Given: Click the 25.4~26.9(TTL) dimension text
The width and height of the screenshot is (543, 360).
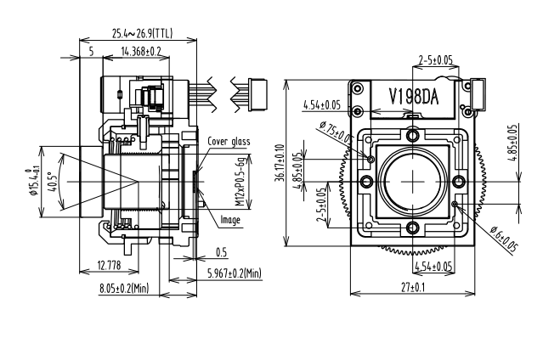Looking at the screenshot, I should click(141, 35).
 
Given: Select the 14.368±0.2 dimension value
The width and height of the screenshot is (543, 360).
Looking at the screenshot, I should click(142, 52).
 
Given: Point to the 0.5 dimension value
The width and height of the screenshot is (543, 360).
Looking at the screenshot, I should click(221, 252).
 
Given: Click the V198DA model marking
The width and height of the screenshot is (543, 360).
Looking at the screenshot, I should click(413, 96).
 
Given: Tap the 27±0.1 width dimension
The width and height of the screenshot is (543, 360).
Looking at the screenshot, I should click(412, 288).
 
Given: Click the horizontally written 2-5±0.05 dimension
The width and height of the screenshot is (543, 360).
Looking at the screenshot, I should click(435, 60).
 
